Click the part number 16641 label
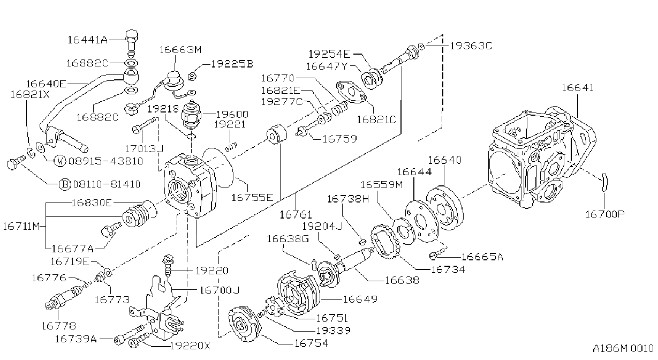578,88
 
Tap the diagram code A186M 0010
623,349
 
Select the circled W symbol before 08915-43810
60,161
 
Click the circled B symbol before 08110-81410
65,184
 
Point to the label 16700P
605,214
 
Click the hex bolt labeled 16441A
132,41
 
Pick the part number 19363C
471,46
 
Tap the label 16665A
482,257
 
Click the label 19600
232,114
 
